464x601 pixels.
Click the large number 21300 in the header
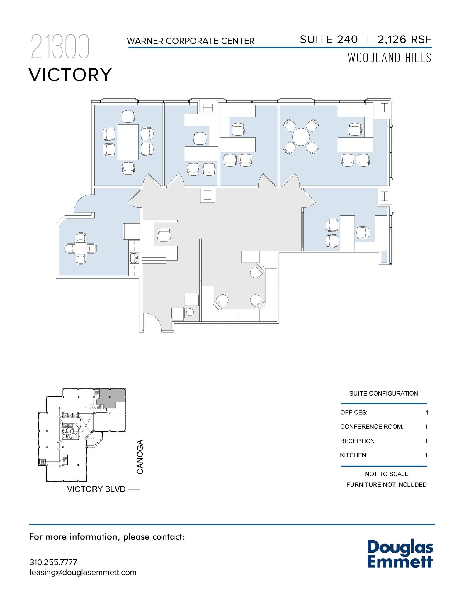60,47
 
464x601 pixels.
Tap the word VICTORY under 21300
70,75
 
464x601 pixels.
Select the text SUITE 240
329,40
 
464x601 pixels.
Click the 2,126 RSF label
405,40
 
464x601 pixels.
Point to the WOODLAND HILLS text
390,58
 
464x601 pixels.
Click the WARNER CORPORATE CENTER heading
191,41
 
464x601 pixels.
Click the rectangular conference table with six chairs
128,142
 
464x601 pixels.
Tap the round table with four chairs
301,137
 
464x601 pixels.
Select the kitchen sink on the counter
135,258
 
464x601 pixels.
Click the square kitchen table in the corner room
81,249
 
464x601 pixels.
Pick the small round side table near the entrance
190,312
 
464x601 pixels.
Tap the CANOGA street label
140,457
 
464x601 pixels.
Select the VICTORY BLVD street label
96,489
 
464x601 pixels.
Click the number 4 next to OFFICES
426,413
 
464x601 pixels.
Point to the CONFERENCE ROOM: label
371,427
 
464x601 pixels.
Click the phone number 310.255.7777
53,562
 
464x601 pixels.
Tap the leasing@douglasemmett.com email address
83,573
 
